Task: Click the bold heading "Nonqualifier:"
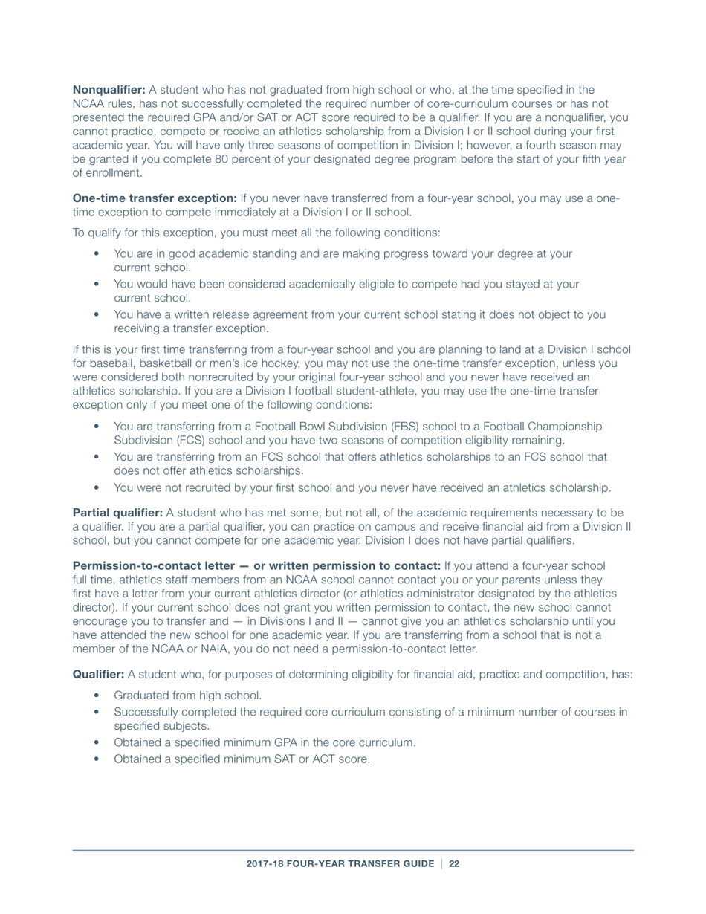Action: coord(109,89)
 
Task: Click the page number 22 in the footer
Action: coord(454,863)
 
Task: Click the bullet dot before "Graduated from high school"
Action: coord(97,696)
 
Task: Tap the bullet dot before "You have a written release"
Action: coord(97,314)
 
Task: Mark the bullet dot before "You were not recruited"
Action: coord(97,488)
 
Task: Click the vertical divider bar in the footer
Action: coord(441,863)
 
